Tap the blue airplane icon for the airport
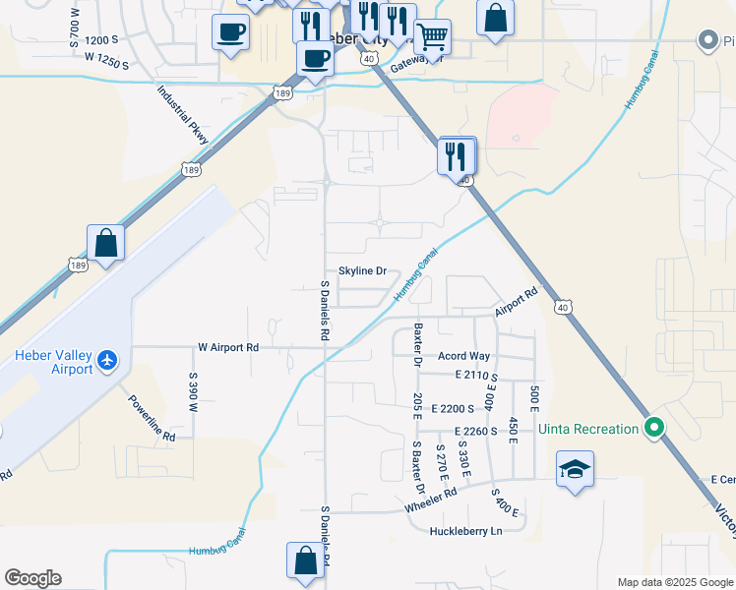coord(107,361)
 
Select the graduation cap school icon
coord(575,468)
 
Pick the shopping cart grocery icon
coord(432,38)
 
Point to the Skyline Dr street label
coord(363,270)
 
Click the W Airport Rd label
coord(227,347)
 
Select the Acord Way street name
coord(464,356)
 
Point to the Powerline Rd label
coord(151,418)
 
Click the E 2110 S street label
coord(475,376)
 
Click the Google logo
coord(32,578)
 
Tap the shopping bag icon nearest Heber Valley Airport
coord(105,242)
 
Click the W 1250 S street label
coord(107,59)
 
